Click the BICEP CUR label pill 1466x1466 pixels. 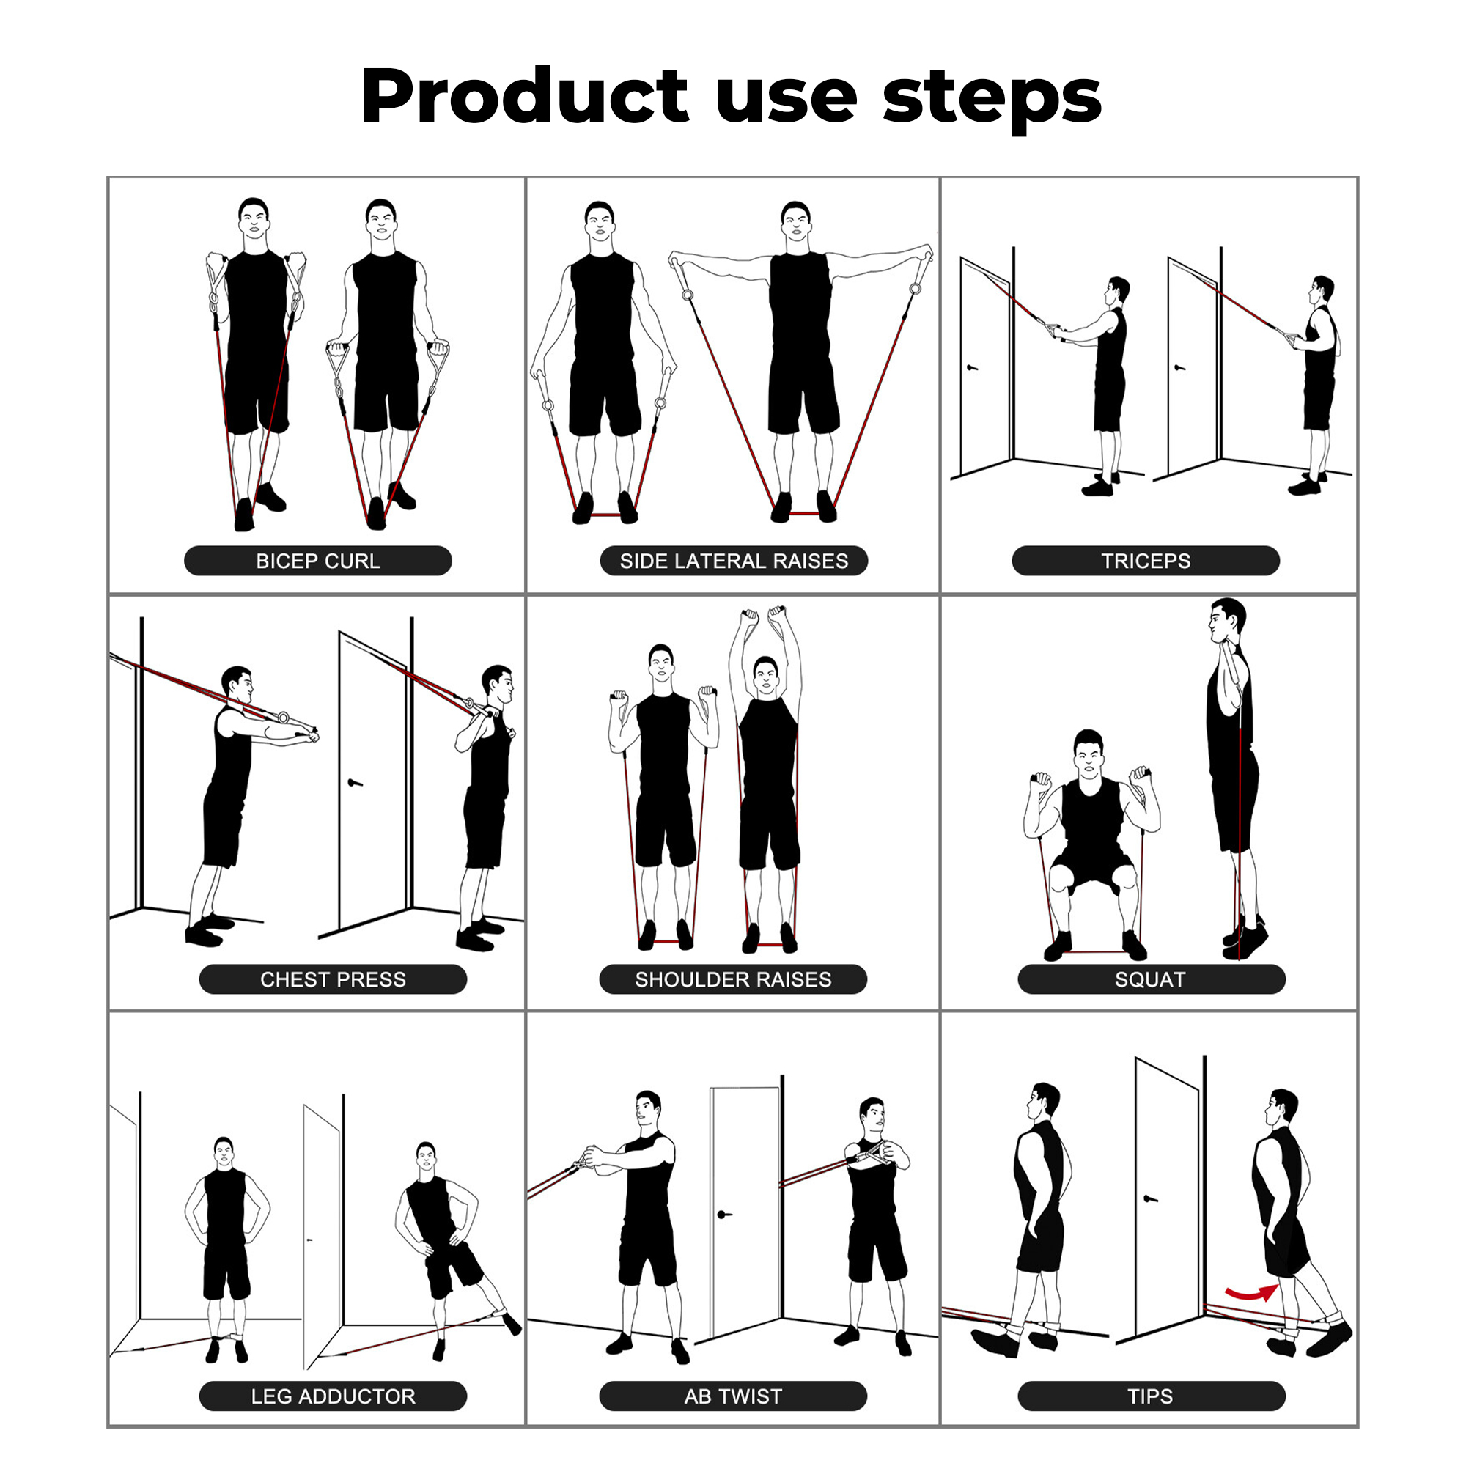point(318,561)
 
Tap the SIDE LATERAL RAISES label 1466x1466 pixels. point(734,561)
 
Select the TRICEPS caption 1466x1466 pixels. point(1146,561)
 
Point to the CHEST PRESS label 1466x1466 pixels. point(333,979)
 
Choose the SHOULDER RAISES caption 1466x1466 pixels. point(733,979)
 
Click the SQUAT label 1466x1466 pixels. point(1151,979)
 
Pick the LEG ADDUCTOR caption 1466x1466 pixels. point(333,1396)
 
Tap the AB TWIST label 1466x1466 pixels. point(733,1396)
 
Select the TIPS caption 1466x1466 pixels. point(1151,1396)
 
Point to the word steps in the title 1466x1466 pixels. point(992,100)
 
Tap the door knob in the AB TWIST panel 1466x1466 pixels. point(724,1215)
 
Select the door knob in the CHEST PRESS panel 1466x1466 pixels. point(354,782)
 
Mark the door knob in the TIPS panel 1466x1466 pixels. point(1150,1199)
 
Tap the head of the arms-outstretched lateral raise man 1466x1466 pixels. point(796,221)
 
